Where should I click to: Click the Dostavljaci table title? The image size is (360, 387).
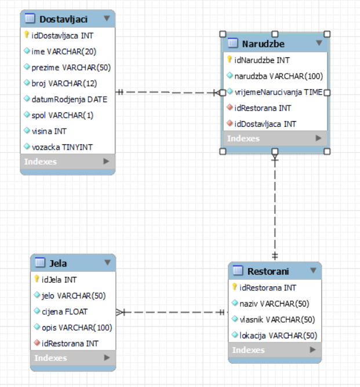pos(63,19)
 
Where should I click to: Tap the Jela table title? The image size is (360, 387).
pos(59,263)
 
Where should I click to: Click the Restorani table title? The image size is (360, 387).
pos(268,271)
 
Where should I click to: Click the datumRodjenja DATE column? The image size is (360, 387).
pos(69,99)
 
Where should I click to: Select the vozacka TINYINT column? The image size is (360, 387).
pos(61,147)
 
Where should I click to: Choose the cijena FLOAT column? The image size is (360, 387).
pos(65,311)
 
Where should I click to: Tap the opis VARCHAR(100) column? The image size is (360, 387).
pos(73,327)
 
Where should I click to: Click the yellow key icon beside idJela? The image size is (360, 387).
pos(37,279)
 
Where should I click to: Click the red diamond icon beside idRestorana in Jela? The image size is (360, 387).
pos(37,344)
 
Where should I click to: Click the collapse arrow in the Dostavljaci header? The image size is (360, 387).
pos(107,19)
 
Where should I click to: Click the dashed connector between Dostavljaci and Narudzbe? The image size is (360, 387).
pos(168,92)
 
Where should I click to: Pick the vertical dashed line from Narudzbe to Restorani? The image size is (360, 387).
pos(275,209)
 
